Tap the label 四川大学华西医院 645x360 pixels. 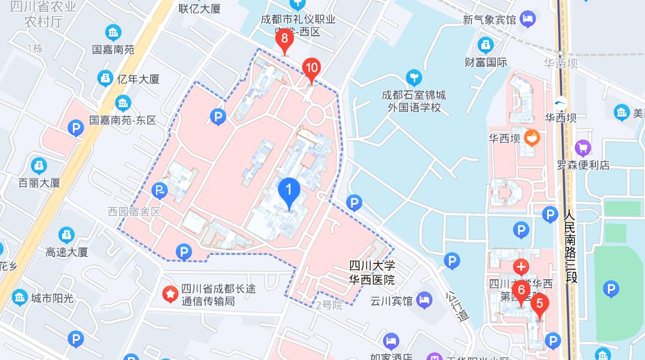372,273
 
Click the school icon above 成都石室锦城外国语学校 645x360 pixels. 413,78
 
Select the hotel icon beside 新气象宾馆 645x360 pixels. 527,20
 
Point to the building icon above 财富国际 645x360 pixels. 486,45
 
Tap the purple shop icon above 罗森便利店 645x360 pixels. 582,147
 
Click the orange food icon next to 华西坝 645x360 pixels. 531,139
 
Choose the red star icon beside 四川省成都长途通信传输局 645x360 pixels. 171,294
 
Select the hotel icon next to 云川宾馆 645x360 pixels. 424,300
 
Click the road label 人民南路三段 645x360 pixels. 570,245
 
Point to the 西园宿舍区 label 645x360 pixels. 134,212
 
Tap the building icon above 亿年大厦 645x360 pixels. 106,78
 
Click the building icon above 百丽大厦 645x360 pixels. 39,165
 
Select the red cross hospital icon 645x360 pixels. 521,266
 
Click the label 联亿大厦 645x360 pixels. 199,8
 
